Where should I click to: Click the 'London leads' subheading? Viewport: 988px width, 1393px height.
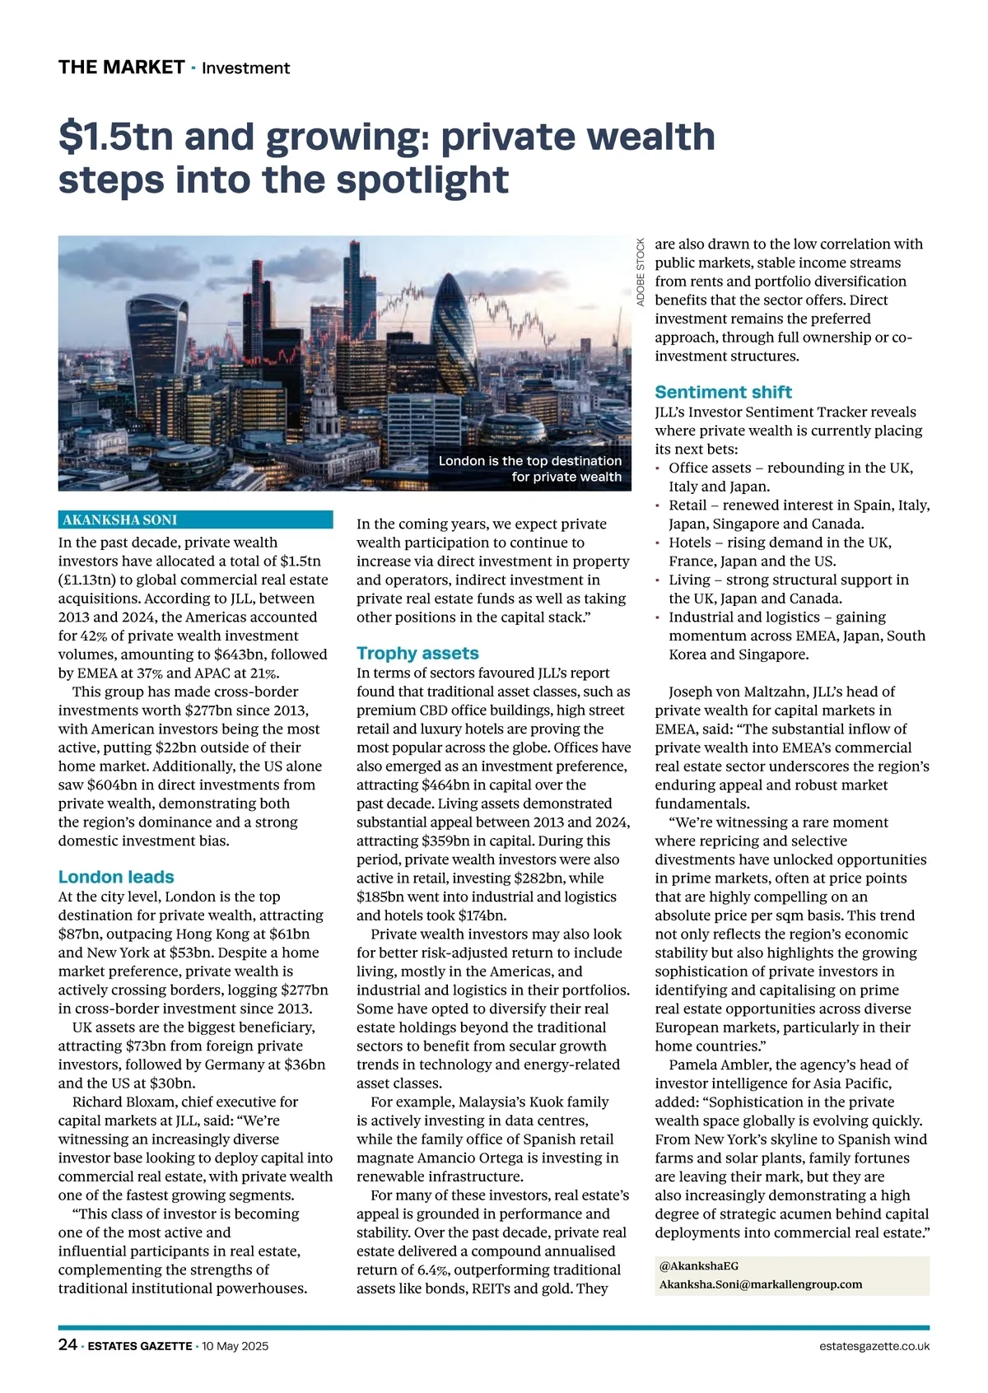(x=116, y=877)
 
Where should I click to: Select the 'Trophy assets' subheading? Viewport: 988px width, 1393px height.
(x=417, y=653)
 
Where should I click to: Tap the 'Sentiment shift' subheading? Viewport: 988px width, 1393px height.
(x=723, y=392)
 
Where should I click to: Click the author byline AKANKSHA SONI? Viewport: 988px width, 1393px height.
(x=120, y=519)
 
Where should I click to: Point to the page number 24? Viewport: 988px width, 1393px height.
(x=68, y=1345)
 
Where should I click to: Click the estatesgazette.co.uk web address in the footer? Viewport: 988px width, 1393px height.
(x=874, y=1346)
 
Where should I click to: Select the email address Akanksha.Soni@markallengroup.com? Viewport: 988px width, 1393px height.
(x=761, y=1284)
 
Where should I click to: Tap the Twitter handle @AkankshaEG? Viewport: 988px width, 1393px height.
(x=693, y=1265)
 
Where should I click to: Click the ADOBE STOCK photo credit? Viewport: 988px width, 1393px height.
(x=641, y=272)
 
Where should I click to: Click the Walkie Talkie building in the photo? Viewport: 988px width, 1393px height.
(x=156, y=338)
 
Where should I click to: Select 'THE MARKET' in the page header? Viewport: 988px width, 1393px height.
(x=121, y=68)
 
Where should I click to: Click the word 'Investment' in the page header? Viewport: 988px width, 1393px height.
(x=245, y=68)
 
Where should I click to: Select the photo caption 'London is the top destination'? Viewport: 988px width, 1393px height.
(x=529, y=461)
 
